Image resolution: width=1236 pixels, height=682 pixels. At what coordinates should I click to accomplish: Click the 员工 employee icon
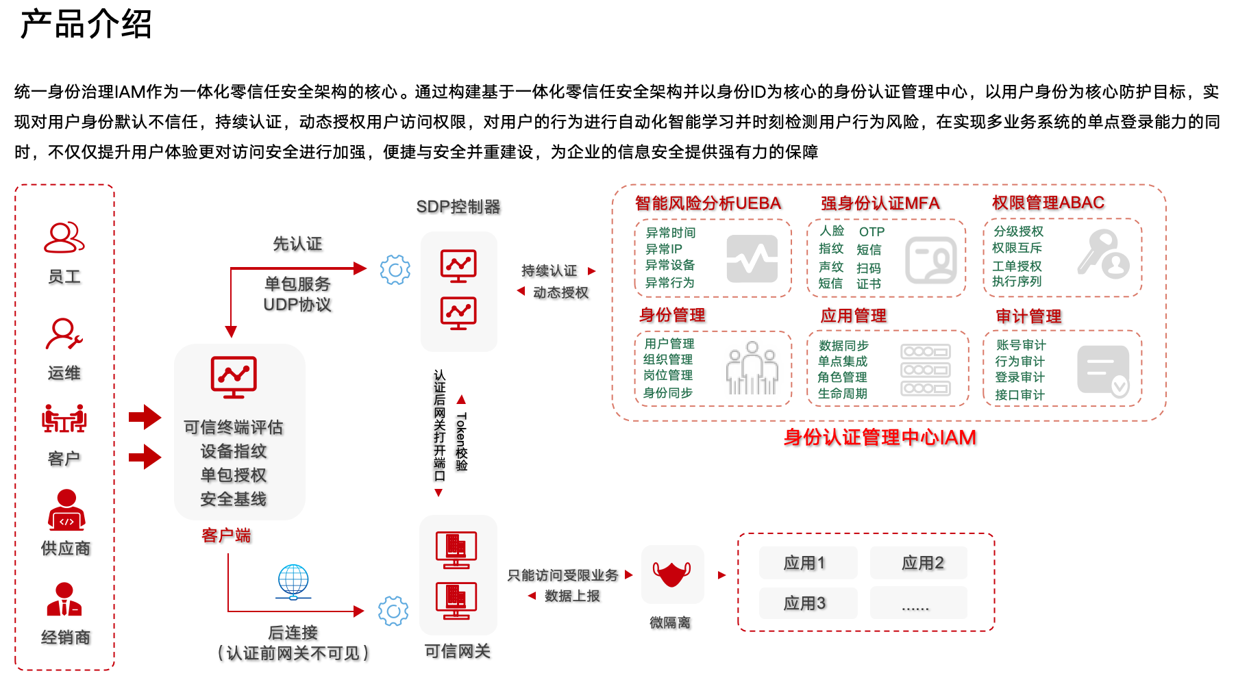coord(64,238)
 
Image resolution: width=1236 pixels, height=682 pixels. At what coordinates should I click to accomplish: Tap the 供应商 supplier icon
coord(66,510)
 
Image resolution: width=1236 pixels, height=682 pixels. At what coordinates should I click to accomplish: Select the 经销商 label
coord(66,637)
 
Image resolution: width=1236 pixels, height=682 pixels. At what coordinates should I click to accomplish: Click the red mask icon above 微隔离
coord(671,574)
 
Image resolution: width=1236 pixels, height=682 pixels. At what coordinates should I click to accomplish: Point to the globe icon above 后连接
coord(293,581)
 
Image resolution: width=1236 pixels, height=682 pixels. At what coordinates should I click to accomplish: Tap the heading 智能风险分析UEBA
coord(708,203)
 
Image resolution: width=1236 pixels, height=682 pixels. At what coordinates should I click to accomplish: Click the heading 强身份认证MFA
coord(880,203)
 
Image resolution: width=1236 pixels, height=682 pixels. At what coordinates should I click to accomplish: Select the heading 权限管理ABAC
coord(1048,203)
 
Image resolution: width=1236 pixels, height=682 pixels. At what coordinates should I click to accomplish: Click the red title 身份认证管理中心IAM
coord(880,438)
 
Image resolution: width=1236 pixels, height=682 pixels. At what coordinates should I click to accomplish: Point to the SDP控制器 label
coord(458,207)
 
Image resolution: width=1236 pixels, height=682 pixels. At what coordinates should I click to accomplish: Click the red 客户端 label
coord(226,535)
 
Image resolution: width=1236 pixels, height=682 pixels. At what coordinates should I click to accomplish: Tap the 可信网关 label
coord(458,651)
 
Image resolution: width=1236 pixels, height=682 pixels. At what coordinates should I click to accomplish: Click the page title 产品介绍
coord(86,25)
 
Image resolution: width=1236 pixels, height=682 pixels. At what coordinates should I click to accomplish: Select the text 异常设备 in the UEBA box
coord(670,265)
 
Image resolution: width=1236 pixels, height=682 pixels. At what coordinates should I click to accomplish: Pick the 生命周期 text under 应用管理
coord(843,394)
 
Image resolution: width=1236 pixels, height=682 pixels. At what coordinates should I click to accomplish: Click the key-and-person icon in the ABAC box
coord(1103,255)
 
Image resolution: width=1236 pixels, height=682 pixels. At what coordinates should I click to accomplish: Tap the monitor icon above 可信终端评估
coord(234,377)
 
